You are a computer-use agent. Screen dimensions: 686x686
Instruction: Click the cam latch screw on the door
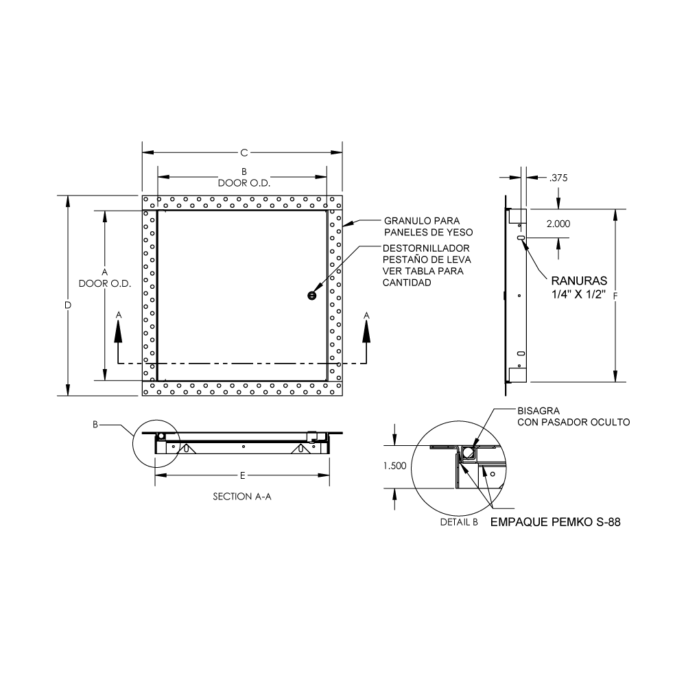click(311, 296)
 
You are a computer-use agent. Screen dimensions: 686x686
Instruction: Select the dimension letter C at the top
click(244, 153)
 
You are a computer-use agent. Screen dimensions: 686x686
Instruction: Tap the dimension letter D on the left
click(68, 305)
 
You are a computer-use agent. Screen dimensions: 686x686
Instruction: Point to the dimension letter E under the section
click(242, 475)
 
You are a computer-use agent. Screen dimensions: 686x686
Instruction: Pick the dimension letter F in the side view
click(615, 296)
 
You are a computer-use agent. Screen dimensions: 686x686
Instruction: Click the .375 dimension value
click(558, 178)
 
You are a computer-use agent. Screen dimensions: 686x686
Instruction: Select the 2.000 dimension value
click(558, 224)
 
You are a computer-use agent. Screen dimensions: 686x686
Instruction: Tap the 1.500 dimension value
click(394, 466)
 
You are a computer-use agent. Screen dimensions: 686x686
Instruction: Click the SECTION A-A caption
click(242, 497)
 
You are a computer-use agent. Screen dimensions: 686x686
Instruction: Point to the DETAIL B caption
click(459, 522)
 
